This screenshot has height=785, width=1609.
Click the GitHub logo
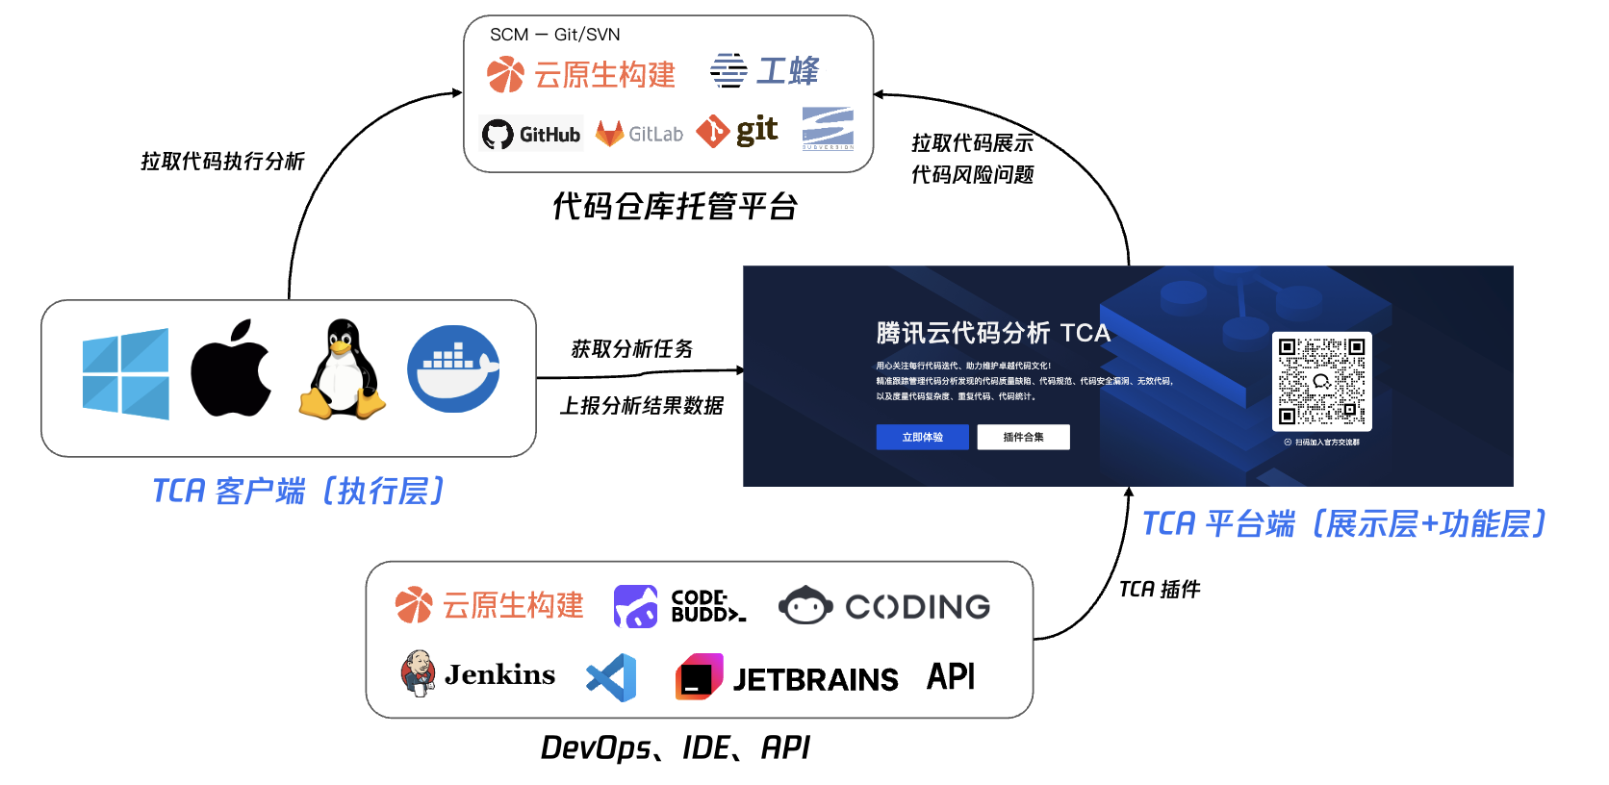(x=531, y=134)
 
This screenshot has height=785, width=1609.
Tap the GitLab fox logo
(x=609, y=134)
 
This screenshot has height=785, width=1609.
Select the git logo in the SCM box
(x=737, y=131)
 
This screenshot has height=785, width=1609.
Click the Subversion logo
(x=828, y=129)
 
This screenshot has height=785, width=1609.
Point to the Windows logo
(x=126, y=373)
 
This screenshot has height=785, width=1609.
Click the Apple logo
(x=231, y=369)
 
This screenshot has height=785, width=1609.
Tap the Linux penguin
(x=342, y=370)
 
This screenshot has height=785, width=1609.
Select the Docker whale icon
(x=453, y=368)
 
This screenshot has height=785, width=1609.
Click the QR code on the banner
(x=1321, y=381)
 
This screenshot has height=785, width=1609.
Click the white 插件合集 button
(x=1023, y=437)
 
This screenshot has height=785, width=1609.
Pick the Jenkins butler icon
(x=418, y=672)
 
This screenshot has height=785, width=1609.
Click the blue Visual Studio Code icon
(x=612, y=677)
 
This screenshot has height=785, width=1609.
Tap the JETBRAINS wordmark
(x=815, y=679)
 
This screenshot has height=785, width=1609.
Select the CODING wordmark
(x=917, y=606)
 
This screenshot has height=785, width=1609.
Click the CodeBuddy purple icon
(x=635, y=606)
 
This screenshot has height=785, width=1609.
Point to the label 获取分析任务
(x=631, y=348)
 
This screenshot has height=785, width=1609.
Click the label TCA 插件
(x=1159, y=589)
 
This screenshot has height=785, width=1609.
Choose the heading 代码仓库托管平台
(x=675, y=206)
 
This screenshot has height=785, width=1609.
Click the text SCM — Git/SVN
(x=554, y=35)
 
